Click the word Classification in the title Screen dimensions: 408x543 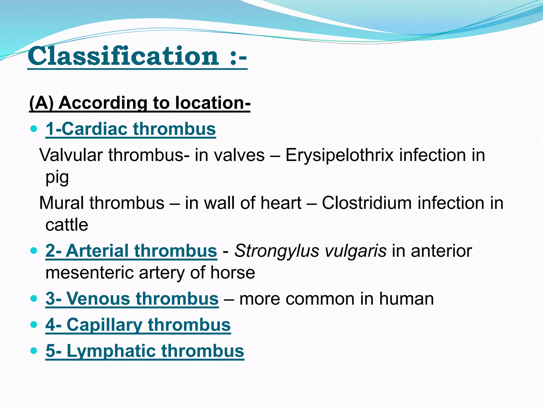[x=123, y=56]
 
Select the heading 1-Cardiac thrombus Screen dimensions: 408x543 [x=131, y=129]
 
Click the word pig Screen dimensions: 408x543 [x=57, y=177]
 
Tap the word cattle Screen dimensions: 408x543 [x=67, y=225]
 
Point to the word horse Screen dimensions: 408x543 [x=233, y=273]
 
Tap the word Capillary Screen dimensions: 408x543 [x=104, y=325]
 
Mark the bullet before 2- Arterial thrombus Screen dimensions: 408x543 [x=34, y=251]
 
